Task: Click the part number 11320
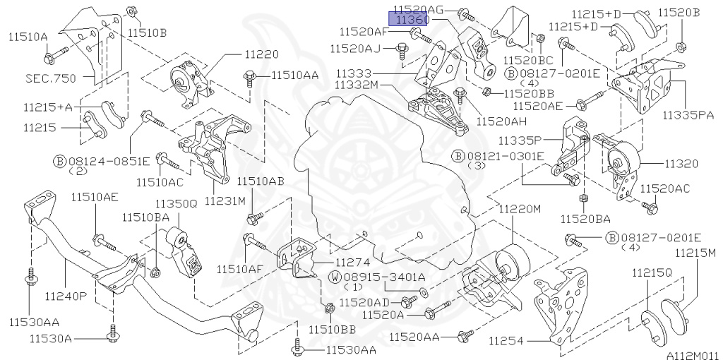(x=681, y=164)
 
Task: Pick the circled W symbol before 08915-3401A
(x=335, y=277)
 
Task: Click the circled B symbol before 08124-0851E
(x=59, y=160)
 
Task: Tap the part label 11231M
(x=225, y=201)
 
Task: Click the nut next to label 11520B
(x=683, y=48)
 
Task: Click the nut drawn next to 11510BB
(x=330, y=308)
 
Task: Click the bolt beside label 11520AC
(x=650, y=207)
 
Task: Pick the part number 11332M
(x=358, y=85)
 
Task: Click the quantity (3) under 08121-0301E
(x=477, y=167)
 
